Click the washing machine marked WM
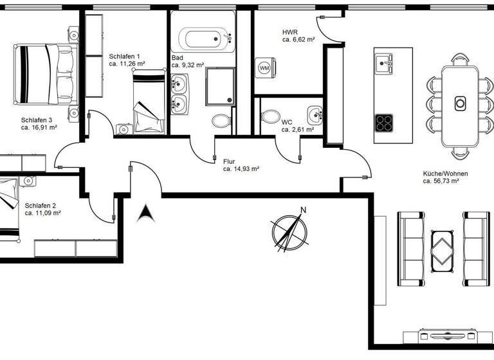coord(264,67)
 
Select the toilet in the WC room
coord(270,117)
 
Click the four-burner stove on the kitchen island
coord(384,121)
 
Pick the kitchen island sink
coord(384,63)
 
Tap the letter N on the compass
coord(304,210)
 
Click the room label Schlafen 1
coord(124,56)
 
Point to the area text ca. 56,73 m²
coord(441,181)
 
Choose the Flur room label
coord(229,161)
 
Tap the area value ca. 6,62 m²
coord(298,40)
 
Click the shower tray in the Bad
coord(221,86)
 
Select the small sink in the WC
coord(315,115)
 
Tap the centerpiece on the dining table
coord(460,102)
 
